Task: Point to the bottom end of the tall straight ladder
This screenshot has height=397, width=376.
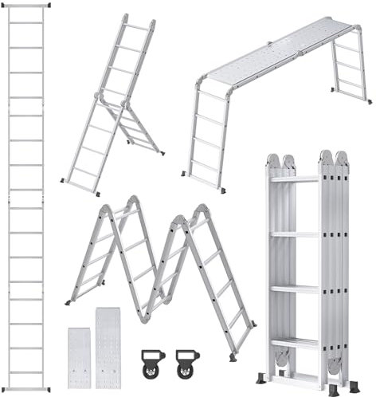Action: (x=25, y=389)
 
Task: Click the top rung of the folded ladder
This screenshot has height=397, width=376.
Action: (x=294, y=179)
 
